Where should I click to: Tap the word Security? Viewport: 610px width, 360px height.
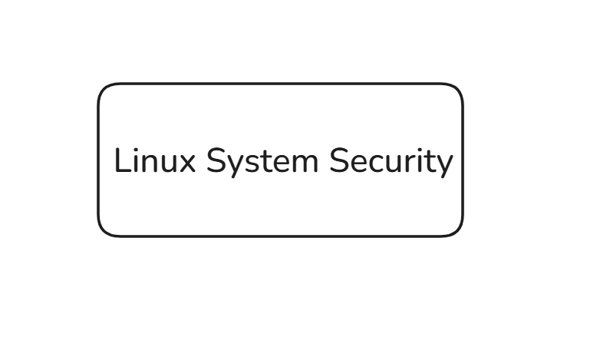tap(391, 163)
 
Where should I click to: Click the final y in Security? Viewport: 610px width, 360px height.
tap(444, 167)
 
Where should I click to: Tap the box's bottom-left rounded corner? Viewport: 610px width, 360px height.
tap(103, 231)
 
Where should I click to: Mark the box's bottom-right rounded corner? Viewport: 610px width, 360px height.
tap(458, 231)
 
